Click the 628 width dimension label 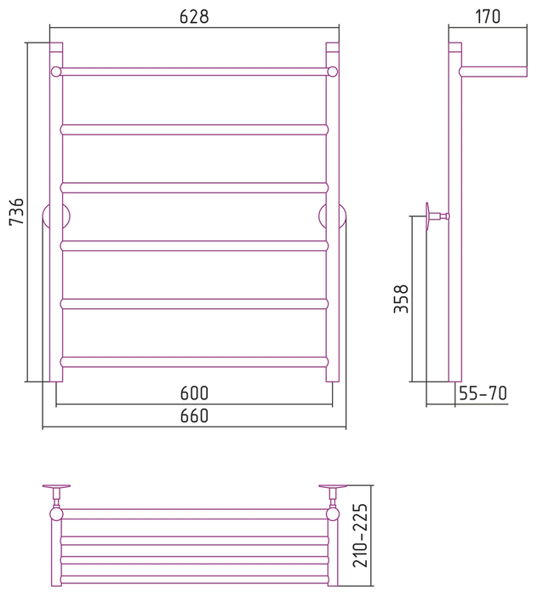tap(194, 17)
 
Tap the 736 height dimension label tap(17, 212)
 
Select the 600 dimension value tap(194, 393)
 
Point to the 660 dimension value tap(194, 415)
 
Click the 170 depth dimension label tap(488, 17)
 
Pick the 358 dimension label tap(401, 299)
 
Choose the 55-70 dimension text tap(483, 393)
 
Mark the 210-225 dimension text tap(360, 536)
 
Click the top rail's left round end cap tap(56, 72)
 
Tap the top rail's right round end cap tap(333, 72)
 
